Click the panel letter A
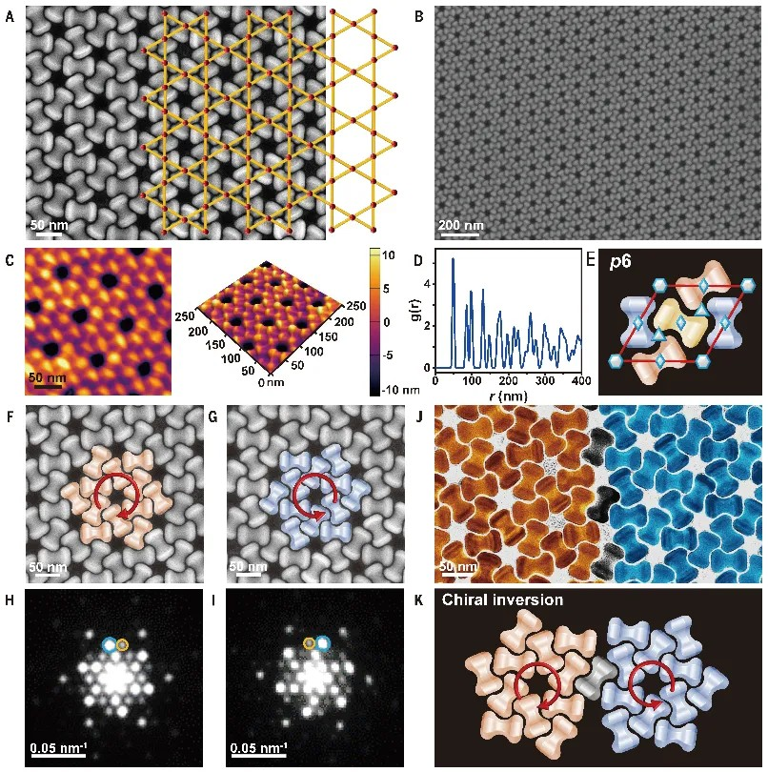(x=10, y=16)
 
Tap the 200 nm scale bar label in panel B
(x=460, y=225)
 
